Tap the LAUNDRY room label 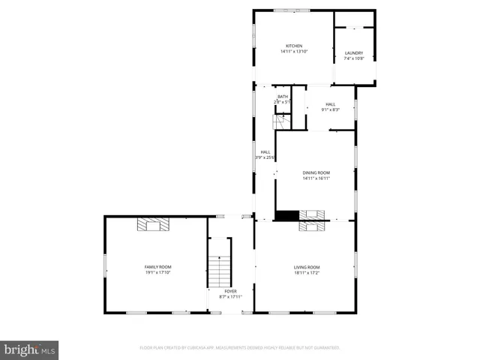[354, 53]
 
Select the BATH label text [283, 97]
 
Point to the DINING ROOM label [316, 172]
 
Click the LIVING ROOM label [307, 267]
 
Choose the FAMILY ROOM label [158, 267]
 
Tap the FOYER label [231, 291]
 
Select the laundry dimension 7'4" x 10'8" [354, 58]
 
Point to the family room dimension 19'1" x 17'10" [158, 272]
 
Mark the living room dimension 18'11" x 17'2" [307, 272]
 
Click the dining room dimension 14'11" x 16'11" [316, 178]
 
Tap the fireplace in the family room [154, 224]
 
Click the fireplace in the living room [312, 223]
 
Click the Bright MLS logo [30, 349]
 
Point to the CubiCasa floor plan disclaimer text [240, 348]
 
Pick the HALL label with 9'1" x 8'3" [331, 104]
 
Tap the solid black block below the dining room [286, 215]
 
